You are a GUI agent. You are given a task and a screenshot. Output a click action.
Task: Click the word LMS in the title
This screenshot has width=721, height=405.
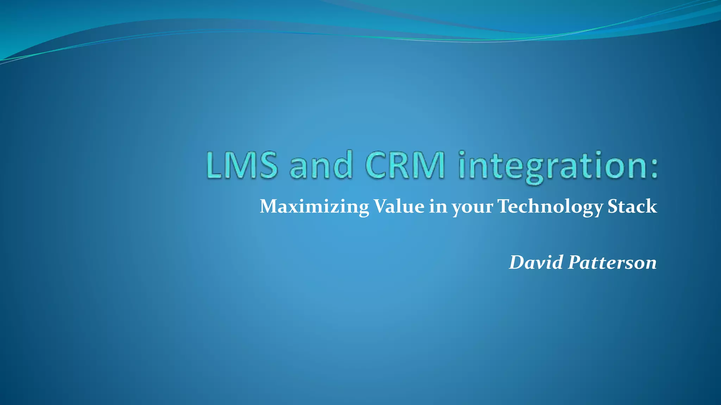coord(242,165)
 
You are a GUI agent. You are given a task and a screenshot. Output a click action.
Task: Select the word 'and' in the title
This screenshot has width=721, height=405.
coord(321,165)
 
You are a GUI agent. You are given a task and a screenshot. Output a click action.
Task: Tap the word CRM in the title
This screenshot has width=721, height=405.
coord(405,165)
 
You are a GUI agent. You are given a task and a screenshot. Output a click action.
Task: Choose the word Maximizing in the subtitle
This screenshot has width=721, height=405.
coord(314,207)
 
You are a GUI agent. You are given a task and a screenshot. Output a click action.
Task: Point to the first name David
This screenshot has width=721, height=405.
coord(536,262)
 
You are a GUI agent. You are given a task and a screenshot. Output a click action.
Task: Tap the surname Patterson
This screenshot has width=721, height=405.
coord(612,262)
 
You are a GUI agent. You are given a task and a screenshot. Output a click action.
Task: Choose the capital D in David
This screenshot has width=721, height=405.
coord(518,262)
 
